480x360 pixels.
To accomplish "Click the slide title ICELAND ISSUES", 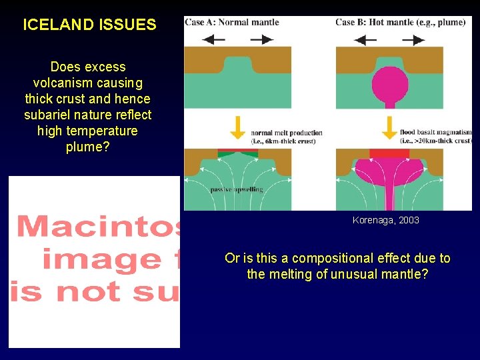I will [x=89, y=25].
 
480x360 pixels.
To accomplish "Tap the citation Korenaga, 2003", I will [x=385, y=220].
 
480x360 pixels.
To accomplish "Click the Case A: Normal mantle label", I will [x=232, y=22].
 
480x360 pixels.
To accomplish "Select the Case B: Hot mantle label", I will [x=400, y=22].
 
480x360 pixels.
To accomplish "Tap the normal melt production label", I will [x=286, y=133].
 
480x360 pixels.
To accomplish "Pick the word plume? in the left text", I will [x=88, y=147].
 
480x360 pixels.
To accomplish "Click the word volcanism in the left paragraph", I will [x=62, y=83].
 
